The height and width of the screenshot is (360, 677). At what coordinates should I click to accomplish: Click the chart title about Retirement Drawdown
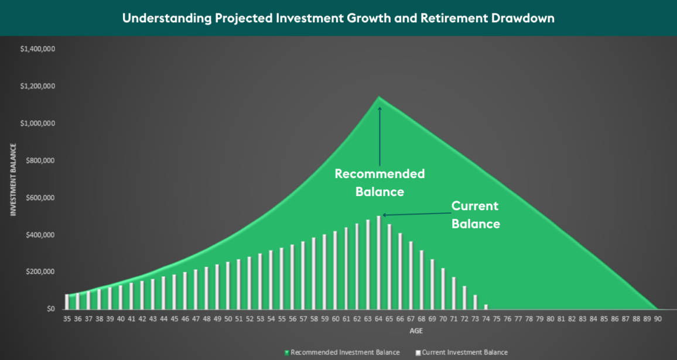(x=338, y=18)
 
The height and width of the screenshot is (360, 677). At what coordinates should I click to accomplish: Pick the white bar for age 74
(x=485, y=306)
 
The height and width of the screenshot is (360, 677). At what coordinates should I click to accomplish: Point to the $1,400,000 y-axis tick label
(x=37, y=49)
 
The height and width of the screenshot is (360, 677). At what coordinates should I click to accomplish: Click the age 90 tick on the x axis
(x=658, y=319)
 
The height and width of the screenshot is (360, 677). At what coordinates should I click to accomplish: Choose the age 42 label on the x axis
(x=142, y=319)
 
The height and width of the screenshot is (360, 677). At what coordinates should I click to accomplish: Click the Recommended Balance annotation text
(x=379, y=183)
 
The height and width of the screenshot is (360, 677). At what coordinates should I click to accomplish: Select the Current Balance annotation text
(x=475, y=215)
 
